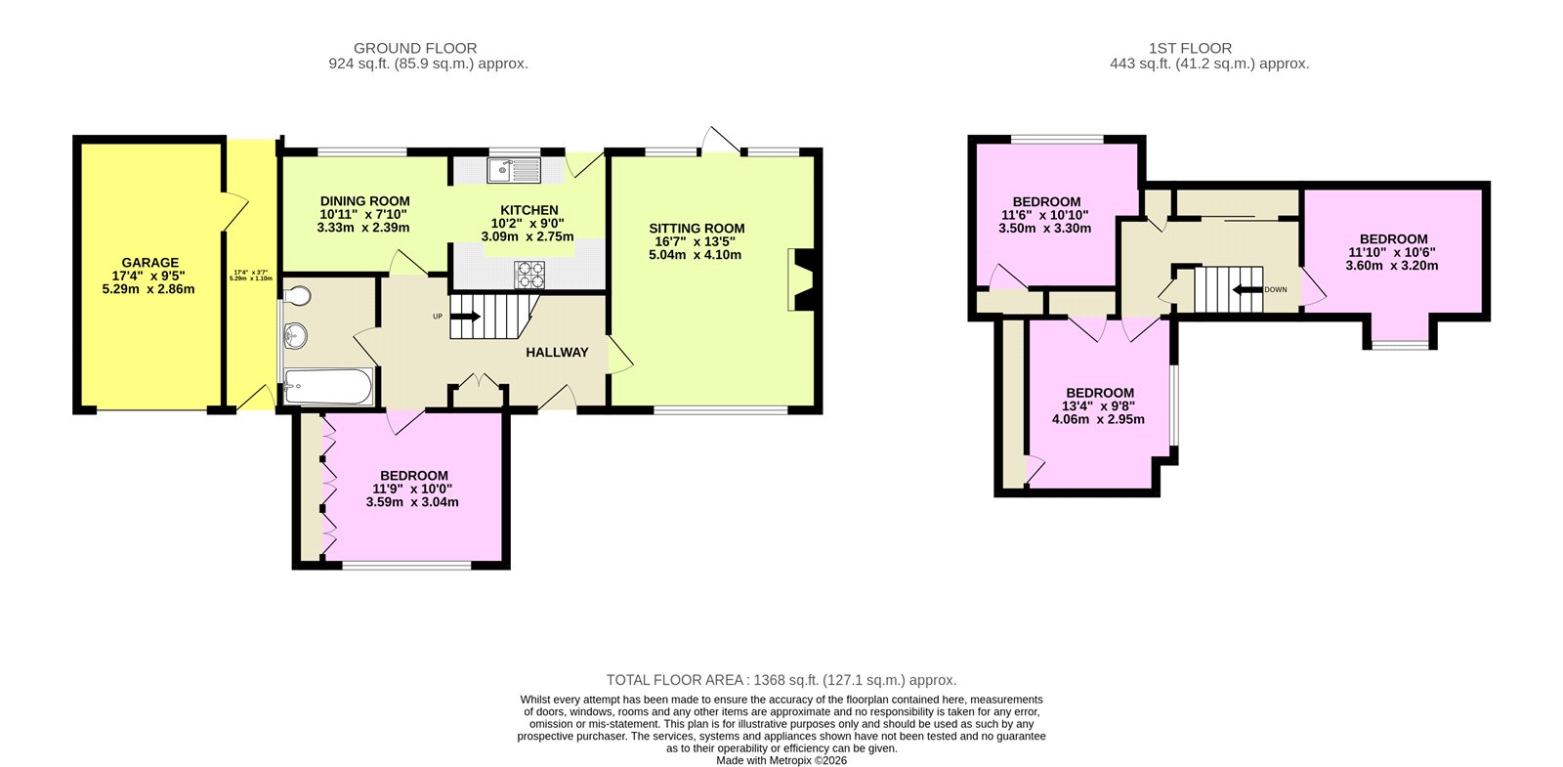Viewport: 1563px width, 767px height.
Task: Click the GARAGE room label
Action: [x=150, y=263]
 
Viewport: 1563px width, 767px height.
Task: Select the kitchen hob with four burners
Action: [x=529, y=274]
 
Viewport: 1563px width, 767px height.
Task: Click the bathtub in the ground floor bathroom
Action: [x=327, y=388]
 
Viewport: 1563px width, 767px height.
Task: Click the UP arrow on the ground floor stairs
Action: [x=465, y=317]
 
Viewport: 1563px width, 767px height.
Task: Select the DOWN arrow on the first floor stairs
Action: [x=1247, y=290]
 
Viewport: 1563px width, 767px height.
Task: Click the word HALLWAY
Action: [x=557, y=353]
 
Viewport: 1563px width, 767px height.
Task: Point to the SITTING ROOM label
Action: [x=697, y=229]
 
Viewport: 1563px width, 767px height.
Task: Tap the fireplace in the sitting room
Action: [x=801, y=280]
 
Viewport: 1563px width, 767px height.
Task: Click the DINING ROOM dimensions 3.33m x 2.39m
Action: [x=363, y=228]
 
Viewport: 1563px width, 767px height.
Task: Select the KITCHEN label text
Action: [x=529, y=210]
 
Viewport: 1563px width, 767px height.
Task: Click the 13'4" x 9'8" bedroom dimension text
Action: [x=1099, y=406]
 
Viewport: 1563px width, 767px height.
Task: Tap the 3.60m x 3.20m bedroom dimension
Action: [x=1392, y=265]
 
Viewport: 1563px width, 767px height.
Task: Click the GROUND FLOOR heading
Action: [x=415, y=48]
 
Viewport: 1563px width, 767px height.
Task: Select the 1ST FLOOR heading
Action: [x=1190, y=48]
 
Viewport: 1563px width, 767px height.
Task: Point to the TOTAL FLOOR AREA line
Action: [x=781, y=680]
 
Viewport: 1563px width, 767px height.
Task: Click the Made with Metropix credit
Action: [x=781, y=760]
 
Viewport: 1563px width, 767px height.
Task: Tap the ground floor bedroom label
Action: [x=414, y=476]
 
